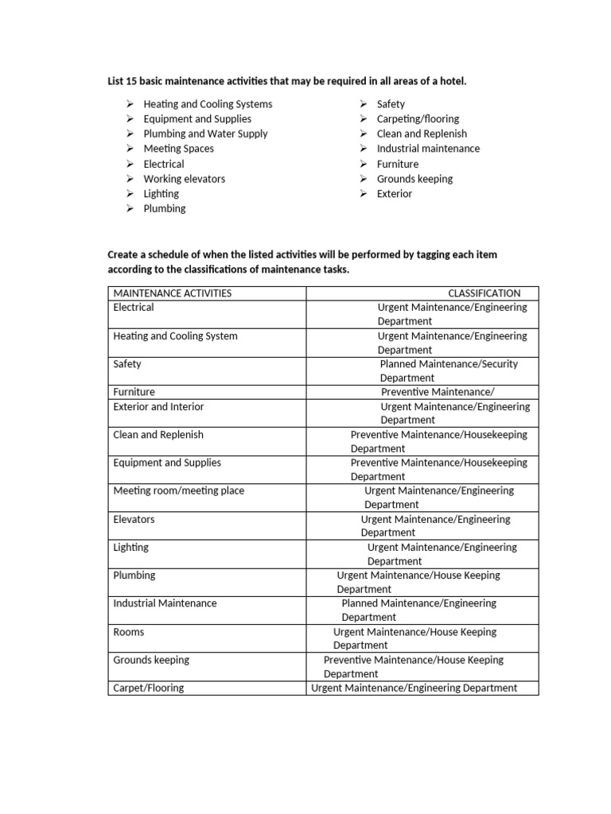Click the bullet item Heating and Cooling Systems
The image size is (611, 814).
pos(208,104)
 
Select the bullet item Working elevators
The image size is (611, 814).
pos(184,179)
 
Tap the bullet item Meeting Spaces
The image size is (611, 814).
pos(178,149)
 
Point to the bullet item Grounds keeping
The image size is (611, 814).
pos(414,179)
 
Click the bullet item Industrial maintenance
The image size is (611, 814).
pos(428,149)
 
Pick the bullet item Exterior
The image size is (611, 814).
pos(395,194)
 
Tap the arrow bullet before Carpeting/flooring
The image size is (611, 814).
pos(363,119)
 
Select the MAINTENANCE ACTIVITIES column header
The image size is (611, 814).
pos(173,293)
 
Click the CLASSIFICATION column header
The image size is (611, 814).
pos(484,293)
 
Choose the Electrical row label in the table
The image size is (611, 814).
pos(134,308)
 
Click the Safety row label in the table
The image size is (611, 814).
pos(127,364)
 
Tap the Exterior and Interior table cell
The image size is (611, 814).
pos(158,407)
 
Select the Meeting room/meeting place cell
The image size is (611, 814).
pos(179,491)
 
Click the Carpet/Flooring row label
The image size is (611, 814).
pos(148,688)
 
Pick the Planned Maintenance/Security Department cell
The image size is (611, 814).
pos(449,371)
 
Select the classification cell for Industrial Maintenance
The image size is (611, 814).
pos(418,610)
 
